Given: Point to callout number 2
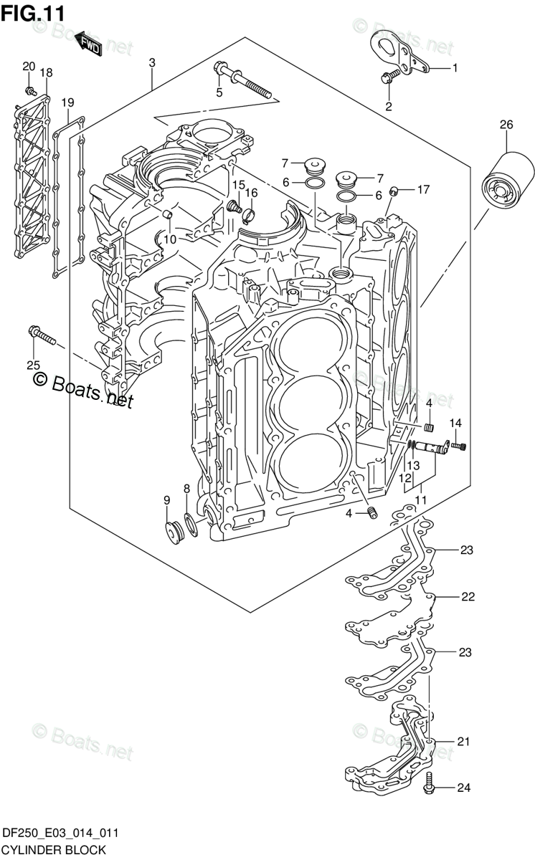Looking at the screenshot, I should click(389, 107).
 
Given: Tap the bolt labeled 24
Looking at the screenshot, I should click(430, 785).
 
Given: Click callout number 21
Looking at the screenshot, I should click(463, 742).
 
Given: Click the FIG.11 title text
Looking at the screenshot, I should click(33, 12).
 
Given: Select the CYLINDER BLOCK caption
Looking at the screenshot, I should click(54, 850).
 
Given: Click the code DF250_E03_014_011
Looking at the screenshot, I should click(60, 833).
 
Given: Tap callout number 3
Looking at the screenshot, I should click(152, 63).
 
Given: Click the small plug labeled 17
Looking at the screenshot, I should click(394, 191).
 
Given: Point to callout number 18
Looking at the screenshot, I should click(46, 72).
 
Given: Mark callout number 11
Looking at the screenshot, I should click(421, 500).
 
